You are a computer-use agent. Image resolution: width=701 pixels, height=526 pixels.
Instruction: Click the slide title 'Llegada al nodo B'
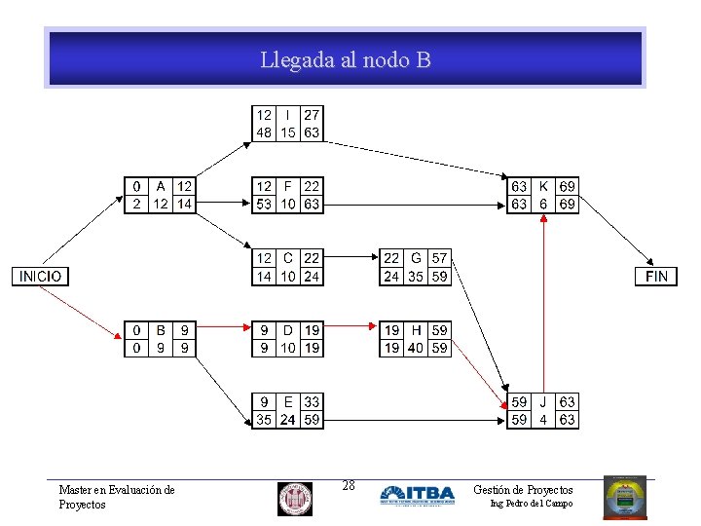pos(346,60)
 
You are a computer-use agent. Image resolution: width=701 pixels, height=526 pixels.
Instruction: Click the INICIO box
pos(40,276)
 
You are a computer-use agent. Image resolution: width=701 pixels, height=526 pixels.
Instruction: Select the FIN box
pos(657,276)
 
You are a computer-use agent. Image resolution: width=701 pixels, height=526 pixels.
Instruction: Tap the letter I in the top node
pos(288,115)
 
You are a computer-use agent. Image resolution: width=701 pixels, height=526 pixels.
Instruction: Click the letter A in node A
pos(160,186)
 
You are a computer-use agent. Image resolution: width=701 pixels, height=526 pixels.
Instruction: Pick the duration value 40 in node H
pos(416,348)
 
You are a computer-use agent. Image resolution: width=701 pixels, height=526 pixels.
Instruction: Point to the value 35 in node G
pos(416,277)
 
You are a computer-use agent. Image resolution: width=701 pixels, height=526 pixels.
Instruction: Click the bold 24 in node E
pos(288,421)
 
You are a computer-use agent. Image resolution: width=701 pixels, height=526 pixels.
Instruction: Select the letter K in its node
pos(543,186)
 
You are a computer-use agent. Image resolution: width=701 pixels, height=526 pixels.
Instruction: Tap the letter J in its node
pos(543,401)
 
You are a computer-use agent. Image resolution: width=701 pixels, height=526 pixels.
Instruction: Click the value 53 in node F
pos(264,205)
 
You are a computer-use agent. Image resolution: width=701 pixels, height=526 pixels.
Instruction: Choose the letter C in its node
pos(288,258)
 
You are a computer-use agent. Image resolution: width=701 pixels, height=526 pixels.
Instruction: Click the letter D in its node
pos(288,330)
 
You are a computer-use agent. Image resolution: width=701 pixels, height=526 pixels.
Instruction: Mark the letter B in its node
pos(160,330)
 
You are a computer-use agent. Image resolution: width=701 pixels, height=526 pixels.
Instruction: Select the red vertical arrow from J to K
pos(543,302)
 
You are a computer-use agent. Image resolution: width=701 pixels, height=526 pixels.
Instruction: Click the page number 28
pos(348,485)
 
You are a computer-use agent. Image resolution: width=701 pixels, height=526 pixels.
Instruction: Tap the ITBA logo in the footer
pos(417,495)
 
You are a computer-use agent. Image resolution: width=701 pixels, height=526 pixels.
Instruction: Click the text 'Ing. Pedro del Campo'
pos(531,504)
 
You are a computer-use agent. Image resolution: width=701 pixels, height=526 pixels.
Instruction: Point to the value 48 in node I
pos(264,133)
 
